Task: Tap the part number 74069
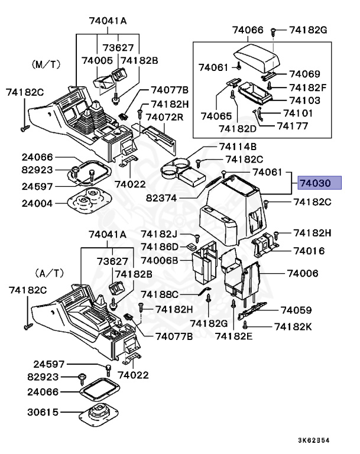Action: pyautogui.click(x=304, y=74)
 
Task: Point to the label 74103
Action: pyautogui.click(x=304, y=100)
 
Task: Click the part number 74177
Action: pyautogui.click(x=294, y=125)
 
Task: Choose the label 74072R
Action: pyautogui.click(x=164, y=117)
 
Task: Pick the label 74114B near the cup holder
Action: pyautogui.click(x=238, y=146)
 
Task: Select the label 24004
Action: pyautogui.click(x=38, y=203)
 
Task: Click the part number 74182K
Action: pyautogui.click(x=297, y=326)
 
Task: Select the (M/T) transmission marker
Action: pyautogui.click(x=44, y=63)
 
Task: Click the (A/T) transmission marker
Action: pyautogui.click(x=48, y=273)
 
